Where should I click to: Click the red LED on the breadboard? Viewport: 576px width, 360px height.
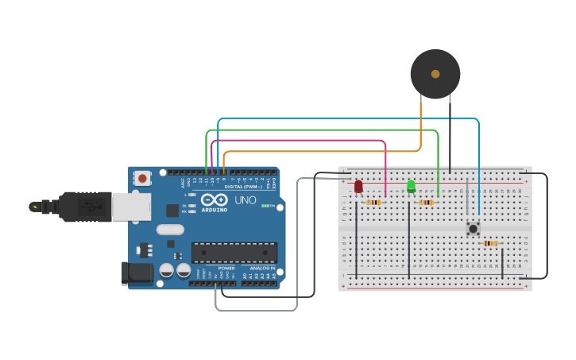(x=358, y=186)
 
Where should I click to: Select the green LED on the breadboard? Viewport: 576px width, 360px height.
(x=411, y=186)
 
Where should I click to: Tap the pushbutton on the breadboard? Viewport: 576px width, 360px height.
(x=473, y=229)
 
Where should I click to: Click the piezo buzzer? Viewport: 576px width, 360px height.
(x=435, y=74)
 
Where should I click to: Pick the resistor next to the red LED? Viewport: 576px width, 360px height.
(x=373, y=203)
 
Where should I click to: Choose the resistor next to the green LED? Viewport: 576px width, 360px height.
(x=427, y=203)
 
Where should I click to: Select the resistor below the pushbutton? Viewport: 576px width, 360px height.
(x=490, y=243)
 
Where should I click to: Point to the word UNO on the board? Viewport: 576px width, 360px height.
(x=246, y=200)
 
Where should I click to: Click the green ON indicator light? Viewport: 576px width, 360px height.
(x=265, y=206)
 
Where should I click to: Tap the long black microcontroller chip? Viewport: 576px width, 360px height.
(x=234, y=253)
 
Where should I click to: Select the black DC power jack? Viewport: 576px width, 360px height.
(x=137, y=273)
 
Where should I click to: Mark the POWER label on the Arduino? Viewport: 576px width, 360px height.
(x=226, y=268)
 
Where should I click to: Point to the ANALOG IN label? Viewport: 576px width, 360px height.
(x=263, y=268)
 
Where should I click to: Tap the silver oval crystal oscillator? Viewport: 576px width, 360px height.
(x=170, y=230)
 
